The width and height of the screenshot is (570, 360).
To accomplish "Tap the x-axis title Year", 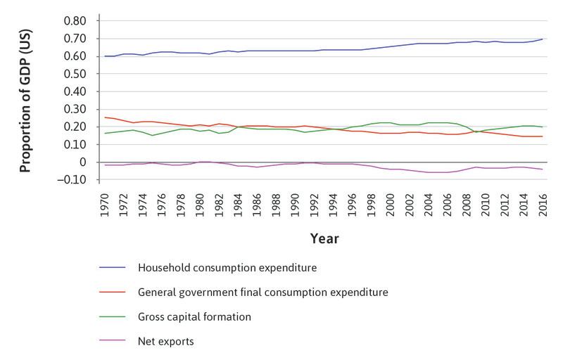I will [x=324, y=239].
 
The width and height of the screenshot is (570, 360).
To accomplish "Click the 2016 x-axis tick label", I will [x=543, y=202].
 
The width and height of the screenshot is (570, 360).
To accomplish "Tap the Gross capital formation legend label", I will [x=195, y=317].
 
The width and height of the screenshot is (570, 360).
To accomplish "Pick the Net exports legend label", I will [x=167, y=342].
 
